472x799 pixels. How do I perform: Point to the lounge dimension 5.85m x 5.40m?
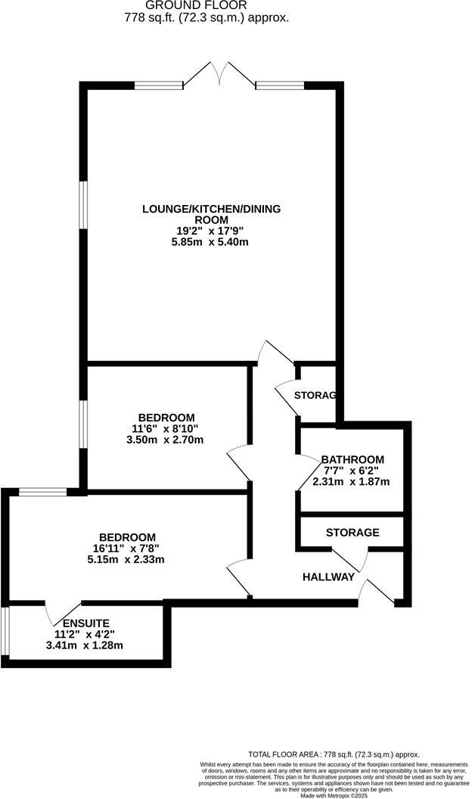210,242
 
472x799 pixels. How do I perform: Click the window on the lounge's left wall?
84,204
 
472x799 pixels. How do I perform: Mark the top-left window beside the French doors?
158,85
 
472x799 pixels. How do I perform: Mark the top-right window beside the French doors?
280,85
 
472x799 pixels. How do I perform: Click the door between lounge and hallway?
274,353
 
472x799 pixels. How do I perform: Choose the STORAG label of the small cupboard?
315,395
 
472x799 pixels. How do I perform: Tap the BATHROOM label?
352,459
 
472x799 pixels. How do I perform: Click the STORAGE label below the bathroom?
352,533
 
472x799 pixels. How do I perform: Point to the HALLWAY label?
328,577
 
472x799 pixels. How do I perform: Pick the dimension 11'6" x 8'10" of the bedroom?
166,428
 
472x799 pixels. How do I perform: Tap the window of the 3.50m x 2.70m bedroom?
84,425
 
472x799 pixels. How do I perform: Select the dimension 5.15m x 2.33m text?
126,560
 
